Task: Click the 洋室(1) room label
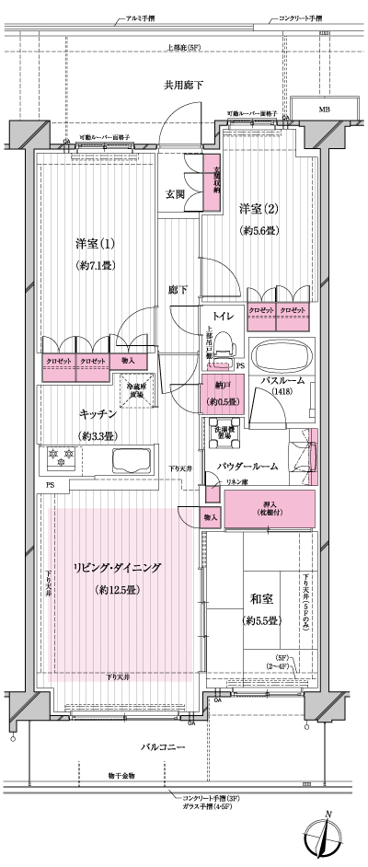click(x=96, y=245)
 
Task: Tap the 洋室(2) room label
click(x=259, y=208)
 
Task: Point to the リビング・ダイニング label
click(x=116, y=568)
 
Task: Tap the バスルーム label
click(x=281, y=379)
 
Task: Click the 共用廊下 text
click(x=183, y=85)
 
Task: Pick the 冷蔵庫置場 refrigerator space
click(x=136, y=391)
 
